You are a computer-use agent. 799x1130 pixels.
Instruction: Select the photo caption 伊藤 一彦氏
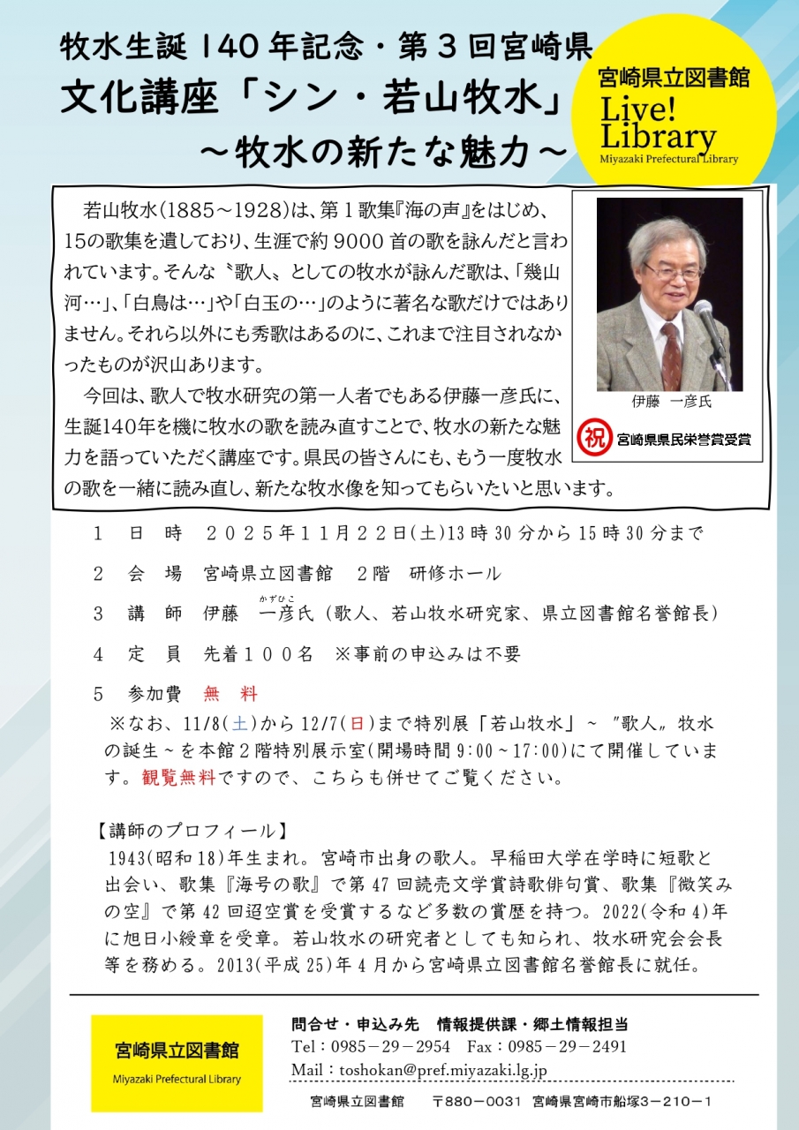coord(671,402)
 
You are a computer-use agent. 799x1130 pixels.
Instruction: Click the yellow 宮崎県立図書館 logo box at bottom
coord(177,1063)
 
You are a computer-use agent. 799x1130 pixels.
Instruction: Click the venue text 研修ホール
coord(455,574)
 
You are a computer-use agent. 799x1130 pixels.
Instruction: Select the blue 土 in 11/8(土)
coord(239,724)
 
